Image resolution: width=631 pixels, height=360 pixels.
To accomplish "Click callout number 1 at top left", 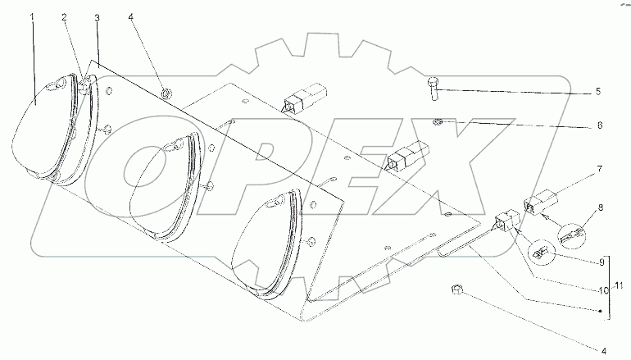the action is tap(34, 17).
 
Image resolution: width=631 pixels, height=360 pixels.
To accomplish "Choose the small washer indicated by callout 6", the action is tap(438, 123).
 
